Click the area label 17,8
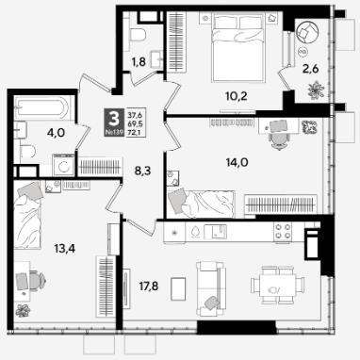149,286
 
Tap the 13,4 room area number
64,249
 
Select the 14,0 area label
237,162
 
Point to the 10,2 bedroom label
237,96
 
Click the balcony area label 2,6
310,69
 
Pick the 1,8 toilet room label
139,62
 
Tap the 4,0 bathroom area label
56,133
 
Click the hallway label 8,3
143,172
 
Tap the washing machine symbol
63,165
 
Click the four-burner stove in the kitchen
283,232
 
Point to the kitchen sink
215,232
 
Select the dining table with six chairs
278,286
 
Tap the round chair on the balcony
307,31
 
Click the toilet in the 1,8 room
138,34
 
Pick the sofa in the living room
211,288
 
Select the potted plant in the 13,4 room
23,310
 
